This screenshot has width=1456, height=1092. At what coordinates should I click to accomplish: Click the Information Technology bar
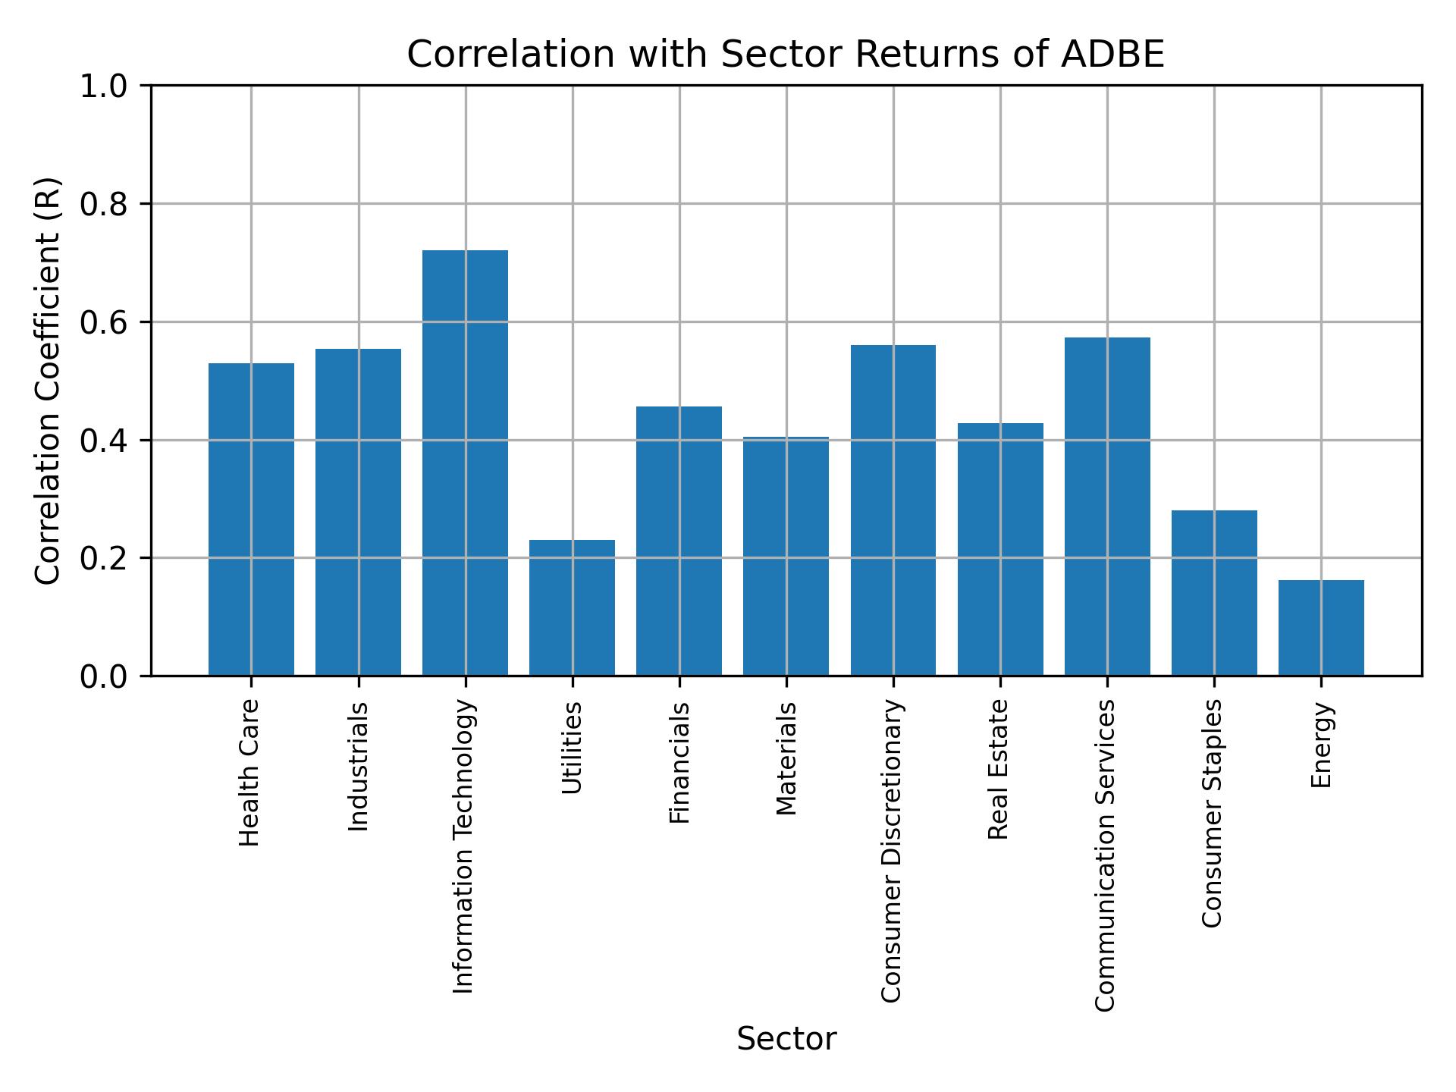coord(465,463)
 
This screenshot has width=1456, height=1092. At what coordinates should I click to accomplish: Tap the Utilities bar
coord(572,607)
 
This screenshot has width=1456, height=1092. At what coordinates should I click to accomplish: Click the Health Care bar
coord(251,519)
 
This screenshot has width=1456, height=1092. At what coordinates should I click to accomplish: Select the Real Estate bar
coord(1000,549)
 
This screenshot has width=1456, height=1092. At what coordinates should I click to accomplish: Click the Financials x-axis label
coord(679,763)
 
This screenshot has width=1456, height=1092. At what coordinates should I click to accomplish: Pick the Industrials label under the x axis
coord(359,767)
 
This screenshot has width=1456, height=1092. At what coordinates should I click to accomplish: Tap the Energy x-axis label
coord(1321,745)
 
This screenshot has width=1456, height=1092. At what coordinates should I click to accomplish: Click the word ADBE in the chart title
coord(1112,55)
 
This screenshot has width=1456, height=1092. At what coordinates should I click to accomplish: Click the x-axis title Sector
coord(786,1039)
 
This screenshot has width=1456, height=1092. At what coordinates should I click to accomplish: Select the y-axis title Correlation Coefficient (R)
coord(48,381)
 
